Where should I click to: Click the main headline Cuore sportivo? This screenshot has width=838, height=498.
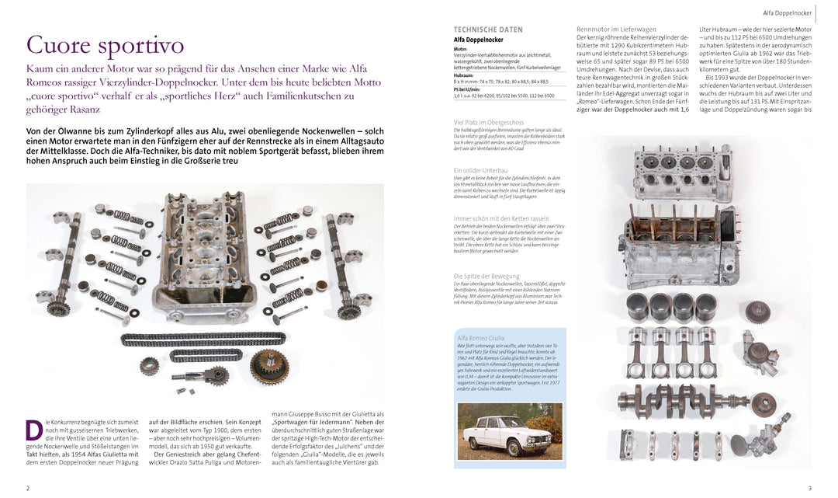click(105, 45)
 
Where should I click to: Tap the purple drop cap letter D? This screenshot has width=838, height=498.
click(33, 430)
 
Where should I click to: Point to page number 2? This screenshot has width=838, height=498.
click(28, 488)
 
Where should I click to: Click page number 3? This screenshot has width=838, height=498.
click(809, 488)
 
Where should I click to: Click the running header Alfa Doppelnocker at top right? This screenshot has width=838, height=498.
click(787, 13)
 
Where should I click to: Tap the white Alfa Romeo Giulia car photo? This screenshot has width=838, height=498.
click(509, 431)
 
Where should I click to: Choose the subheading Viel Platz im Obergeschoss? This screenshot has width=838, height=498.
click(488, 122)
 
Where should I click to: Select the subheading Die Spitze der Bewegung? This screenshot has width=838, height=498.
click(486, 276)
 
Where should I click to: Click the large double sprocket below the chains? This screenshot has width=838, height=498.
click(268, 364)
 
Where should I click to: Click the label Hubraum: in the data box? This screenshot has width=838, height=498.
click(463, 75)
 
